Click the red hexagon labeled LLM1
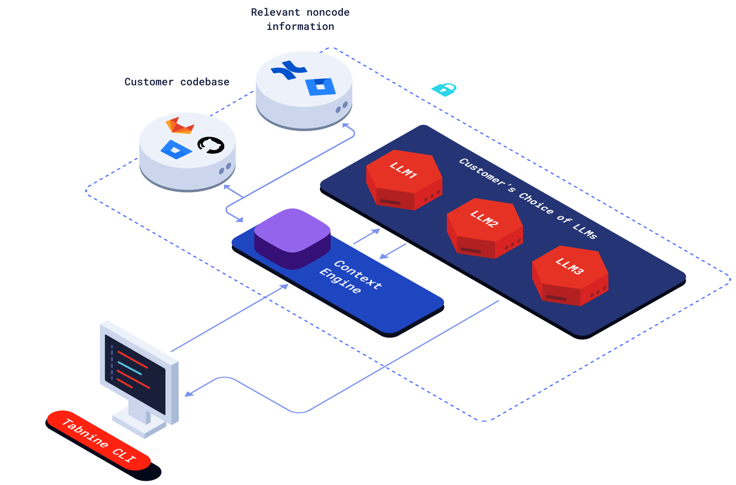[x=404, y=179]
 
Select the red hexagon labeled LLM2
[x=484, y=228]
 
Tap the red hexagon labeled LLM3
[x=570, y=275]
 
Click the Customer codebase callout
[x=177, y=82]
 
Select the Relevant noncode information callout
[x=300, y=19]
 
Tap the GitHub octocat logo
[x=211, y=145]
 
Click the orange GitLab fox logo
[x=180, y=126]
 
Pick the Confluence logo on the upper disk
[x=289, y=70]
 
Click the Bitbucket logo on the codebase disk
[x=176, y=149]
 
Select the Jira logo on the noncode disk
[x=321, y=87]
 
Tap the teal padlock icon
[x=444, y=89]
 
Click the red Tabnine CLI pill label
[x=99, y=440]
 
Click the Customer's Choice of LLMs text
[x=528, y=198]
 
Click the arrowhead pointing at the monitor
[x=188, y=394]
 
